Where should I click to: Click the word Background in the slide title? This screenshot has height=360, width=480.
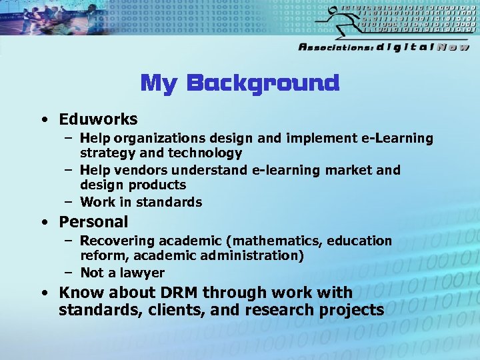263,83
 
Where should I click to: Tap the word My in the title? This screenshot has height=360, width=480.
159,84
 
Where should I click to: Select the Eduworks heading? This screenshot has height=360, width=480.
98,119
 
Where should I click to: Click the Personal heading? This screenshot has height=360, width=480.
93,221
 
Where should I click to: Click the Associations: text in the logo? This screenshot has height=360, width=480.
335,47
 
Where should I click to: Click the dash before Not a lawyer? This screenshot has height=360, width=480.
69,273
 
